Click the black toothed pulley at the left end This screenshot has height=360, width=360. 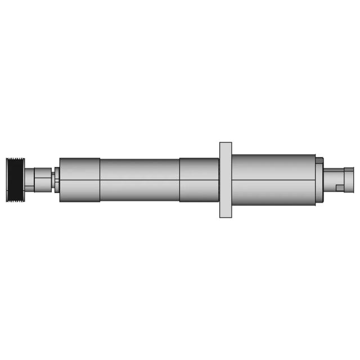[x=15, y=181]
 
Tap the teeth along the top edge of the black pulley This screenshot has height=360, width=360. [x=15, y=160]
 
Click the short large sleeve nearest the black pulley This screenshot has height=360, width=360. [x=79, y=180]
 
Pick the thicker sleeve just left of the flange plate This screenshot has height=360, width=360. [x=199, y=180]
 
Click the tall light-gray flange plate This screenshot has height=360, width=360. [x=225, y=180]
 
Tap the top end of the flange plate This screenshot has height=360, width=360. [x=225, y=145]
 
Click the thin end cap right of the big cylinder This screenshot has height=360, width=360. [x=319, y=180]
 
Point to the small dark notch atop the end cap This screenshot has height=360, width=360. [x=319, y=160]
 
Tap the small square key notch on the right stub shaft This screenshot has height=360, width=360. [x=340, y=187]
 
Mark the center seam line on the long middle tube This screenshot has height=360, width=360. [x=139, y=180]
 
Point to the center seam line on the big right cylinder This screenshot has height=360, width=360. [x=273, y=180]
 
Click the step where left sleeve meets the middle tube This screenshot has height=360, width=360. [x=100, y=180]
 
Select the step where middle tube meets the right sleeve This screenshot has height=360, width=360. [x=180, y=180]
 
